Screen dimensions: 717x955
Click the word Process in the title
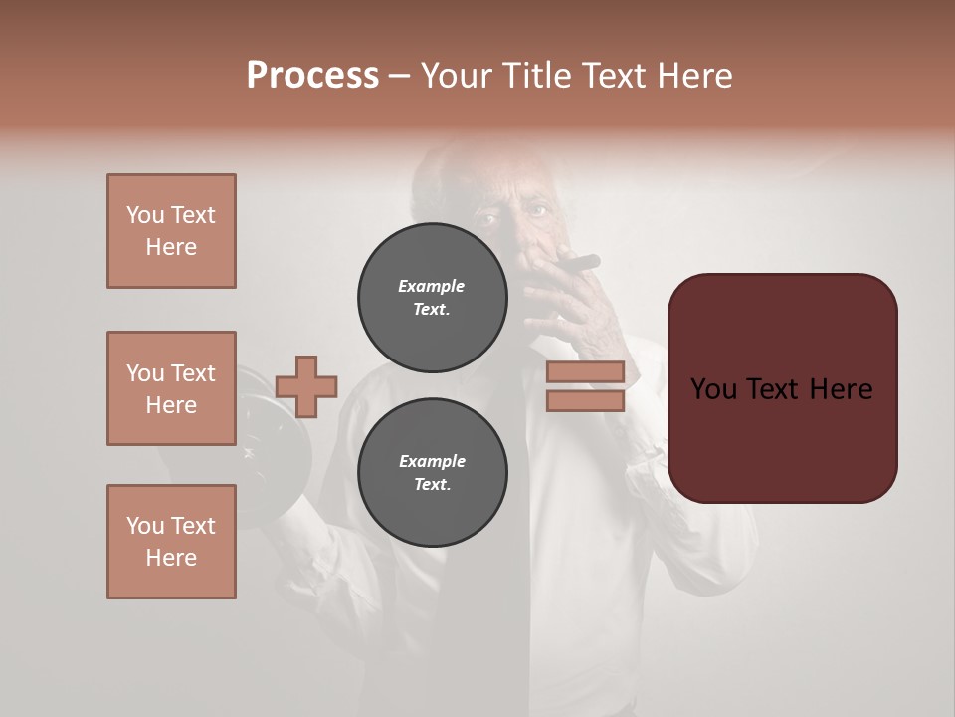pos(312,76)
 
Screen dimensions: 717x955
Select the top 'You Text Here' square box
pos(171,231)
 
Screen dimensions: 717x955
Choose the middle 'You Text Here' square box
pos(171,388)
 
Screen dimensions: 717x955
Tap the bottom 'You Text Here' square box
pos(171,542)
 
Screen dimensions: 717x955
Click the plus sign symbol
pos(306,386)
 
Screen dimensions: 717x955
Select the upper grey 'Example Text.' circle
pos(432,297)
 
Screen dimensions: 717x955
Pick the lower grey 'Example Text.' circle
pos(432,472)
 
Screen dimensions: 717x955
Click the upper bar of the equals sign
pos(585,371)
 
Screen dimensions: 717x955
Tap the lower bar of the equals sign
pos(585,400)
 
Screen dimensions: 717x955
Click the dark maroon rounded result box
pos(782,388)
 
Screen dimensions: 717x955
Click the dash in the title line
pos(400,77)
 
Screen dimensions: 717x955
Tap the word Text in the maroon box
pos(784,389)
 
